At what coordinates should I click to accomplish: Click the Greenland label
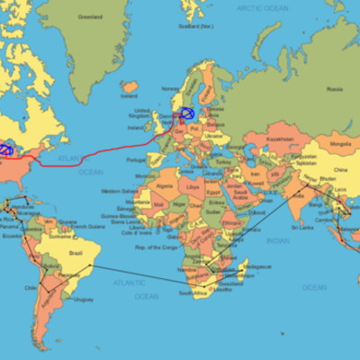coord(90,16)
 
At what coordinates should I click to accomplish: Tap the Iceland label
coord(130,94)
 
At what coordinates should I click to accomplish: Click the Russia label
coord(335,88)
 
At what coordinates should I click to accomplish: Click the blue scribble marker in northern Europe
coord(187,113)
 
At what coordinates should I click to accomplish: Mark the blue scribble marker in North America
coord(5,149)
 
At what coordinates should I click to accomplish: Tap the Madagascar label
coord(257,266)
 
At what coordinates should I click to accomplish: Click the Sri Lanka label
coord(303,228)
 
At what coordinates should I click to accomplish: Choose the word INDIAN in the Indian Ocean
coord(278,241)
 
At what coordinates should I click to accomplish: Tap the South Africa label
coord(193,293)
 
